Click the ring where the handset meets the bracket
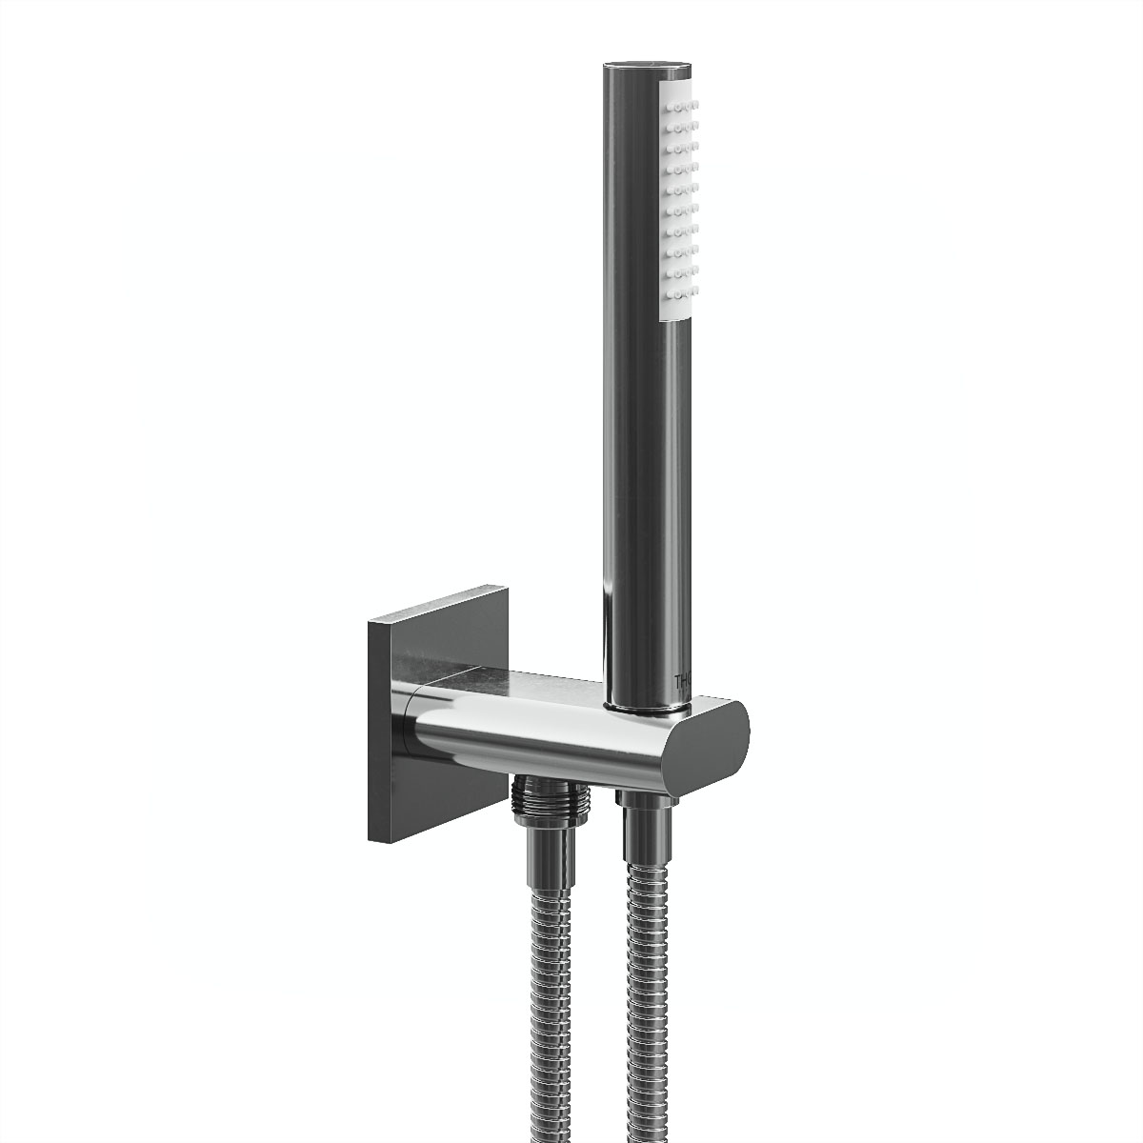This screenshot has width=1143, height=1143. (648, 708)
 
